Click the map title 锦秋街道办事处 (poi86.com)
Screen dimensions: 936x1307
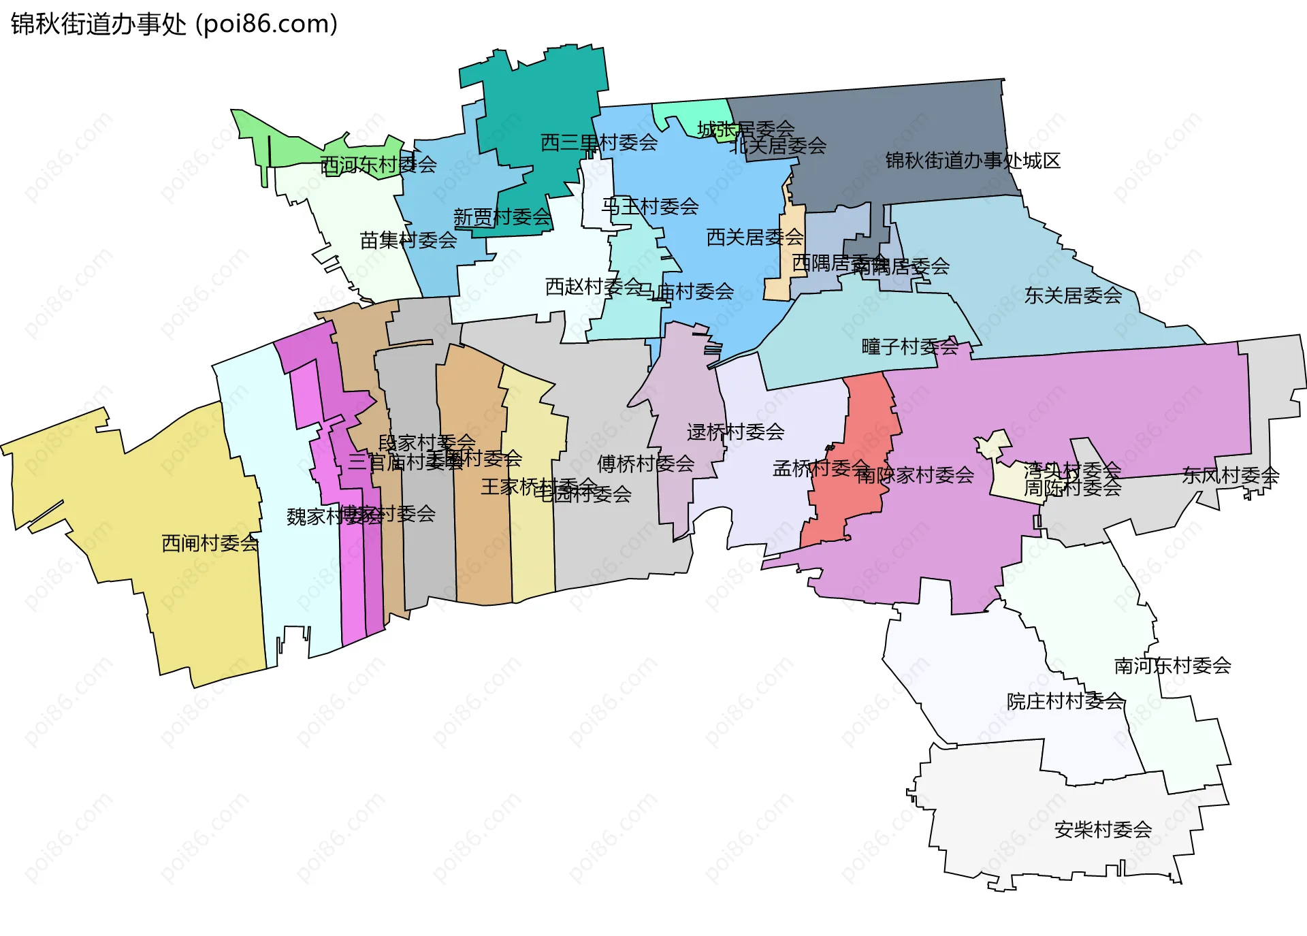(x=174, y=25)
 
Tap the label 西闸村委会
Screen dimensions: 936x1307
(x=210, y=543)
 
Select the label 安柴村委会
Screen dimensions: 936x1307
(x=1103, y=829)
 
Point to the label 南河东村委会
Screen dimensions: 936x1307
(x=1172, y=665)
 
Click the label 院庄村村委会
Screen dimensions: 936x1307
(x=1065, y=700)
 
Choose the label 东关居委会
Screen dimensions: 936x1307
(x=1073, y=295)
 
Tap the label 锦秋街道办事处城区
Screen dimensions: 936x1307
(x=973, y=161)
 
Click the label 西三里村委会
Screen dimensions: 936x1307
(x=599, y=142)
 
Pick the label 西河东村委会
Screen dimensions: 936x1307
(x=378, y=165)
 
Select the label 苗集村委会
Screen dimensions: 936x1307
(x=408, y=240)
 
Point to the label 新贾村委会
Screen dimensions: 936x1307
(x=502, y=217)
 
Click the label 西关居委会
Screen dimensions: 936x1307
(x=755, y=237)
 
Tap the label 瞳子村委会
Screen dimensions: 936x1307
(x=909, y=346)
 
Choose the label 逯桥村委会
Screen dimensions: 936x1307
(x=735, y=432)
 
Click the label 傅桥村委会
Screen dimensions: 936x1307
(x=645, y=464)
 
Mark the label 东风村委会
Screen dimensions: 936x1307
(x=1230, y=475)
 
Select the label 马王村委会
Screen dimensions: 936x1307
(x=650, y=206)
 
